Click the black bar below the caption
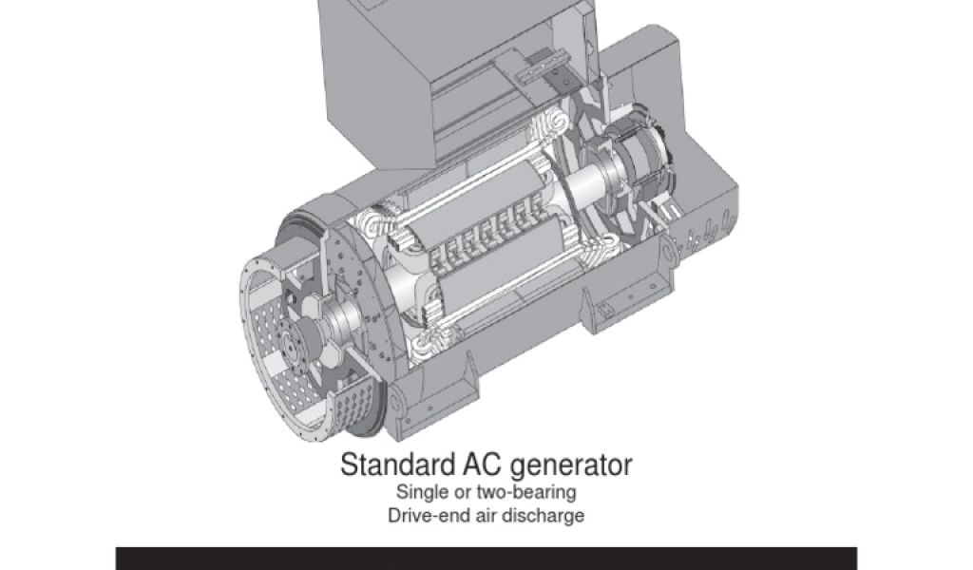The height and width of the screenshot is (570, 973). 486,559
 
